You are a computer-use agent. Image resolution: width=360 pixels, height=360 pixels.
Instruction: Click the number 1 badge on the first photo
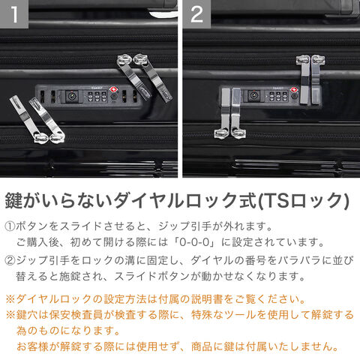click(14, 13)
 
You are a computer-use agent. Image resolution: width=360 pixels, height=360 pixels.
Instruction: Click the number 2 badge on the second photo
click(196, 13)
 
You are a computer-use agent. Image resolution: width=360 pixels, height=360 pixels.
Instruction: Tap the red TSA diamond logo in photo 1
click(113, 90)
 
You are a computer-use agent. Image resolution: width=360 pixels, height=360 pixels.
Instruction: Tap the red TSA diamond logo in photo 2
click(293, 90)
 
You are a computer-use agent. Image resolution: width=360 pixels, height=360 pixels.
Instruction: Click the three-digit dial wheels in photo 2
click(278, 97)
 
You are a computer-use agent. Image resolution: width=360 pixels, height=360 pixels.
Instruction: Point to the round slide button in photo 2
click(253, 96)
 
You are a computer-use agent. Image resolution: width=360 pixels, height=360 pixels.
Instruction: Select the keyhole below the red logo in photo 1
click(113, 97)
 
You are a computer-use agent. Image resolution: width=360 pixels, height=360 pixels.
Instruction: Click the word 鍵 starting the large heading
click(14, 200)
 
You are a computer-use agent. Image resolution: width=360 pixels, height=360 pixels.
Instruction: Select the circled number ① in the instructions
click(10, 226)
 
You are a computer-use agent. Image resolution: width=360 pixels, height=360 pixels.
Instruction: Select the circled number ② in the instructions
click(10, 261)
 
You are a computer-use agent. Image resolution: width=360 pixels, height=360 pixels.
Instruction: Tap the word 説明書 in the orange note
click(207, 299)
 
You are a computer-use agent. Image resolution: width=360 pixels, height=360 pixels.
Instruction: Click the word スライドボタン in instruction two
click(151, 277)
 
